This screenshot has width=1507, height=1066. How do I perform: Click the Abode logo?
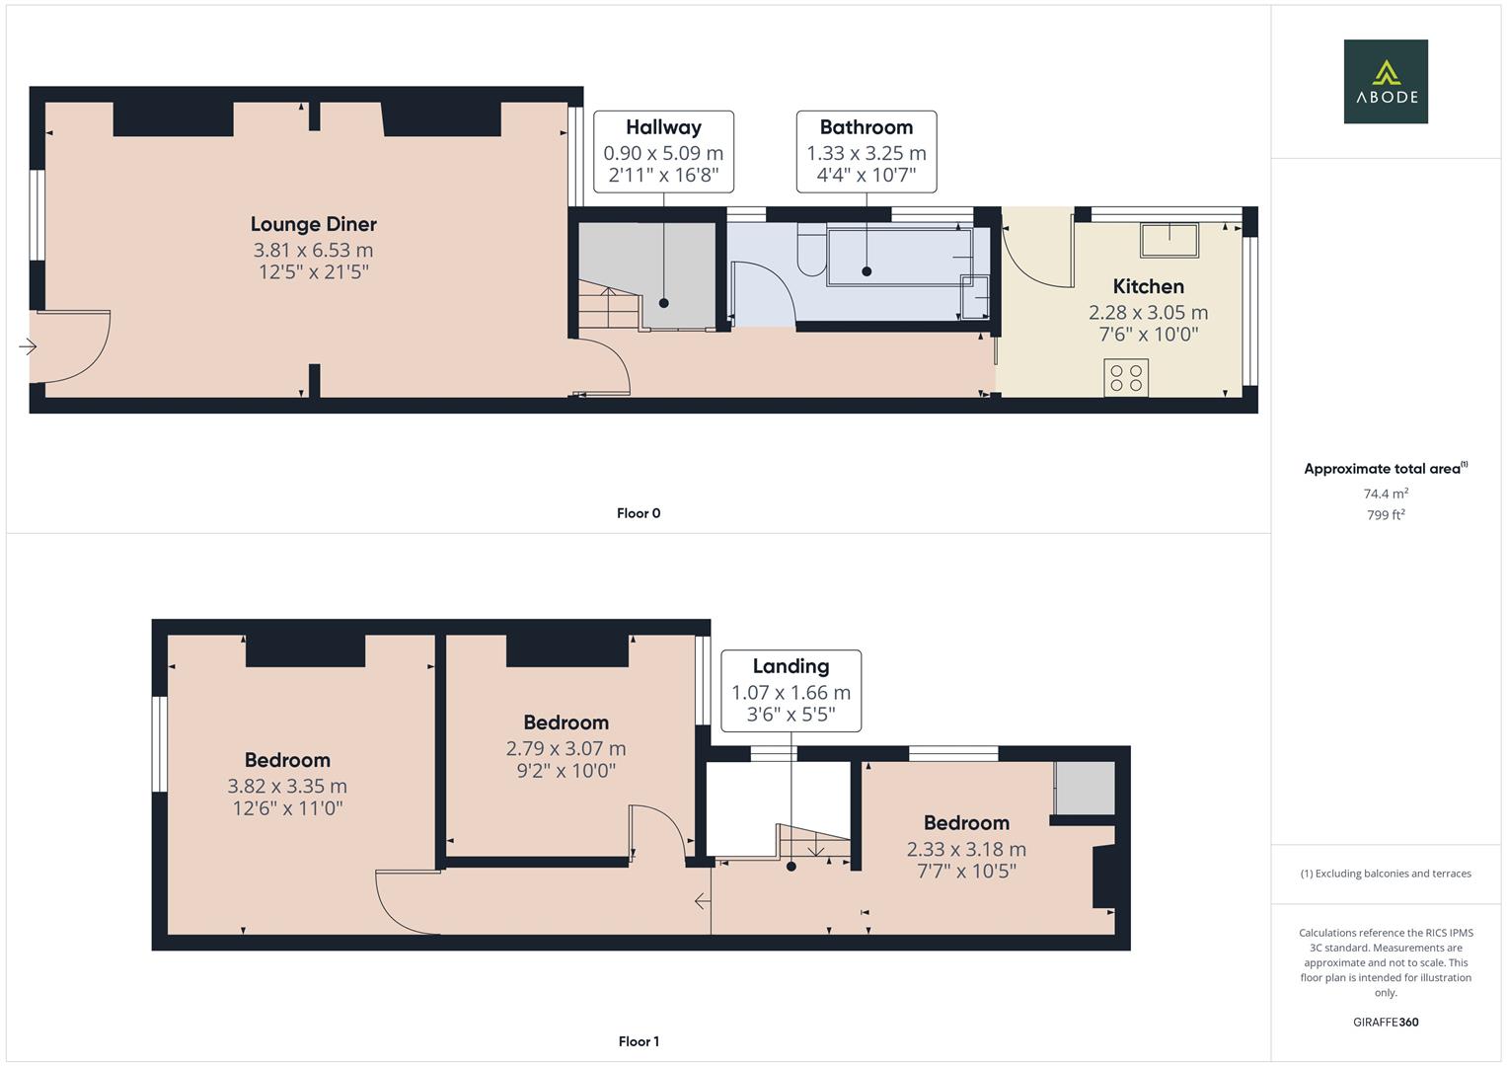coord(1385,82)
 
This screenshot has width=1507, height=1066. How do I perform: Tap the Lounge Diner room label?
coord(313,224)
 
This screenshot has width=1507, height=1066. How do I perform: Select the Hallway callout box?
coord(663,152)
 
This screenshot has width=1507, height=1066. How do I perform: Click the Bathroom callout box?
coord(866,152)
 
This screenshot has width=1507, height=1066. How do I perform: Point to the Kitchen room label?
coord(1148,286)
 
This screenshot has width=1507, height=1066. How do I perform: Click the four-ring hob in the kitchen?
coord(1126,378)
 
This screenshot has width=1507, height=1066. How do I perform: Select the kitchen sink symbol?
coord(1169,240)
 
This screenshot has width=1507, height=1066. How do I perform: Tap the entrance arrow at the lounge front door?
coord(28,346)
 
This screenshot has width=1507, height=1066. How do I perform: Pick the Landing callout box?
coord(791,691)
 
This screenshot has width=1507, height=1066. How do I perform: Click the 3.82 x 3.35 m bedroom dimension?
coord(287,787)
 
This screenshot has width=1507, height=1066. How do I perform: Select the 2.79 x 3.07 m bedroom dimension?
coord(565,749)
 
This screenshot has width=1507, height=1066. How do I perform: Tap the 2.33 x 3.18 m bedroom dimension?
coord(966,850)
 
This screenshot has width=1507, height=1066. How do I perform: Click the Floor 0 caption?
coord(639,513)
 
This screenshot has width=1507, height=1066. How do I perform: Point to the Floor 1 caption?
coord(639,1041)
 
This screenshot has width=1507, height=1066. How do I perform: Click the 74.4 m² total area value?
coord(1386,494)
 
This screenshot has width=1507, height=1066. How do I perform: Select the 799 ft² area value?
coord(1386,515)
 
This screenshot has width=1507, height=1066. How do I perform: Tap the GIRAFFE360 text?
coord(1386,1022)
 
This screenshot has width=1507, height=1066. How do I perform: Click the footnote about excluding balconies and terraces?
coord(1386,874)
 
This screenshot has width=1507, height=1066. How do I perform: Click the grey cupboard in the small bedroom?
coord(1085,788)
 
